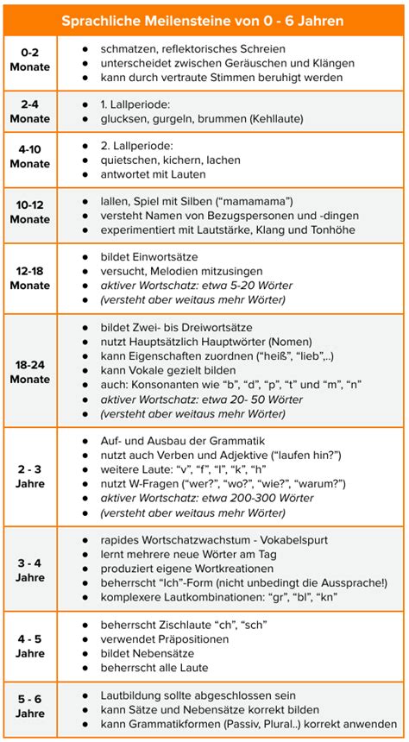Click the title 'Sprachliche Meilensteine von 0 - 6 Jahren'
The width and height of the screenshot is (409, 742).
[204, 19]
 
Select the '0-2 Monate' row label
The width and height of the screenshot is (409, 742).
[30, 63]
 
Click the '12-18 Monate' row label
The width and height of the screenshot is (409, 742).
[30, 278]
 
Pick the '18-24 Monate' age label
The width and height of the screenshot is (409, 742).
[30, 371]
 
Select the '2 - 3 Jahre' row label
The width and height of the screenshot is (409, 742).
[30, 476]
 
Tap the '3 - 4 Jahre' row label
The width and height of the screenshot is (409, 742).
[30, 569]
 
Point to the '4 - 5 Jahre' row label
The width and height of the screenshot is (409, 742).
[30, 646]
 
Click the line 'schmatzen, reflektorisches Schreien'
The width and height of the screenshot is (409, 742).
[192, 49]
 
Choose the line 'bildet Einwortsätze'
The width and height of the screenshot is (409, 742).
[152, 257]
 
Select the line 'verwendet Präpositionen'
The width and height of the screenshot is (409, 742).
[165, 639]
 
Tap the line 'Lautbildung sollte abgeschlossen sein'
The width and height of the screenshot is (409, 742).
[198, 695]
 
